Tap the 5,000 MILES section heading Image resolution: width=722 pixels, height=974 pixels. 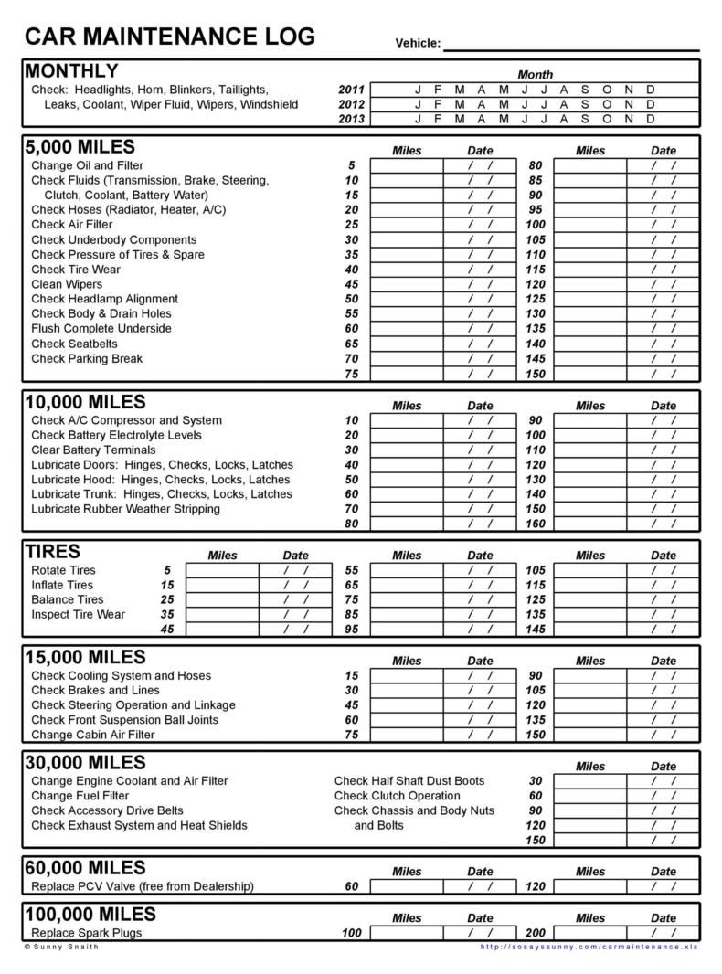pos(80,147)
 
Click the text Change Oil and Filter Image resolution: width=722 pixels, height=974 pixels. pos(87,165)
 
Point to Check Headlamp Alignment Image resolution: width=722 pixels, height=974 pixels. pos(104,299)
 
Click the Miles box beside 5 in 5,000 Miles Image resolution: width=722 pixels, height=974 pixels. pos(407,165)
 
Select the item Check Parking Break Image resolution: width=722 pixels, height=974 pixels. pos(87,358)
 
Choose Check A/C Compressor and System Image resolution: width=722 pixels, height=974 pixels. pos(126,420)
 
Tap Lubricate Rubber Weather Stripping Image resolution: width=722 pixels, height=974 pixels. pos(125,509)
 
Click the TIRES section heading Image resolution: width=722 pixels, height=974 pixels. pos(53,552)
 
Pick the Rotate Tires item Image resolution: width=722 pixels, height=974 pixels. pos(63,570)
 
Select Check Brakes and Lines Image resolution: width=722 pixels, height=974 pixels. pos(94,691)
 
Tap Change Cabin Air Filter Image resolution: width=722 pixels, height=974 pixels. pos(92,735)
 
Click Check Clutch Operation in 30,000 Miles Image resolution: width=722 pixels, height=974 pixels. pos(397,796)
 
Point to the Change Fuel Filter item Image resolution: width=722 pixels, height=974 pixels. pos(80,796)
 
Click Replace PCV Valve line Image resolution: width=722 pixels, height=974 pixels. pos(142,886)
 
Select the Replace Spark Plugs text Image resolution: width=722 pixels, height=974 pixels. pos(86,933)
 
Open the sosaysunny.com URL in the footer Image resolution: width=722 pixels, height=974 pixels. pos(589,947)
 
